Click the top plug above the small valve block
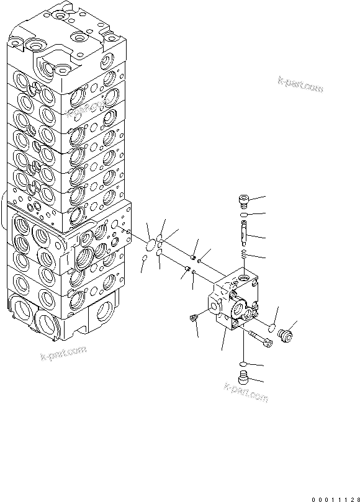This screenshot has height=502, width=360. (244, 199)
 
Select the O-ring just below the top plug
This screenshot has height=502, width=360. (245, 215)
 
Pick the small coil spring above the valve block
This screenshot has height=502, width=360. (245, 254)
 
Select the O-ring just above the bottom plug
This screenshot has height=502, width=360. (244, 364)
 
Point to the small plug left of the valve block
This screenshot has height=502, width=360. (194, 318)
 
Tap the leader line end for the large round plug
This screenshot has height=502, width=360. (297, 322)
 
